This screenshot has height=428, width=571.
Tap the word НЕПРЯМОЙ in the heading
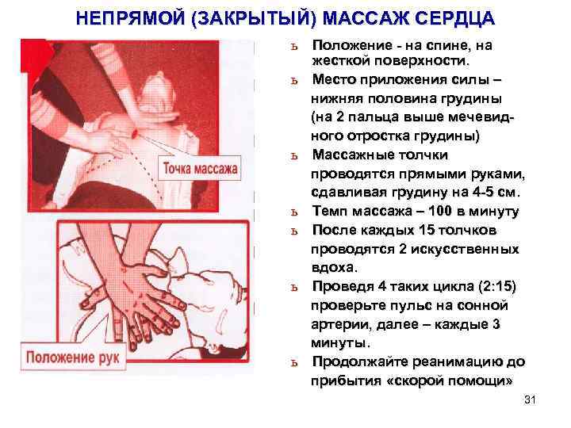130,18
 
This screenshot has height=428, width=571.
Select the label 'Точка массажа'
200,169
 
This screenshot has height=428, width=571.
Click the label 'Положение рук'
72,357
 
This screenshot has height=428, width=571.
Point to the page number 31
530,399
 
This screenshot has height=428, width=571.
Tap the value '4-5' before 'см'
482,192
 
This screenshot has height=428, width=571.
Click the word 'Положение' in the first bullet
352,45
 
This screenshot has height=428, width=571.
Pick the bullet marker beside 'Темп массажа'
294,212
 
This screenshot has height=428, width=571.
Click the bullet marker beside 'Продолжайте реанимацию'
294,363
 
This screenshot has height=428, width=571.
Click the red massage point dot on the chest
134,133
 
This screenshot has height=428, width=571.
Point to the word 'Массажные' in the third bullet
353,155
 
